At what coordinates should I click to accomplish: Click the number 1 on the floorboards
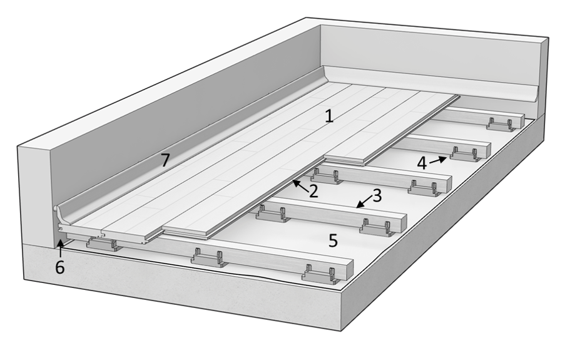pos(328,116)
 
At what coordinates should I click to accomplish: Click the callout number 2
pos(313,191)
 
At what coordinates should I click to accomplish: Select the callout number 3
pos(377,196)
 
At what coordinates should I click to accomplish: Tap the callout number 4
pos(422,163)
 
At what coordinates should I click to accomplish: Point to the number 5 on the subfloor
pos(333,240)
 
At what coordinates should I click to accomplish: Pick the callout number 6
pos(60,267)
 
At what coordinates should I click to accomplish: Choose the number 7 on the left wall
pos(165,160)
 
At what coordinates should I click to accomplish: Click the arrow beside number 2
pos(300,186)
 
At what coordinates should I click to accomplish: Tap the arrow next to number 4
pos(438,160)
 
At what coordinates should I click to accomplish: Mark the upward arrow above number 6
pos(61,248)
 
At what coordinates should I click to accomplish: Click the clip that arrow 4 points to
pos(466,154)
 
